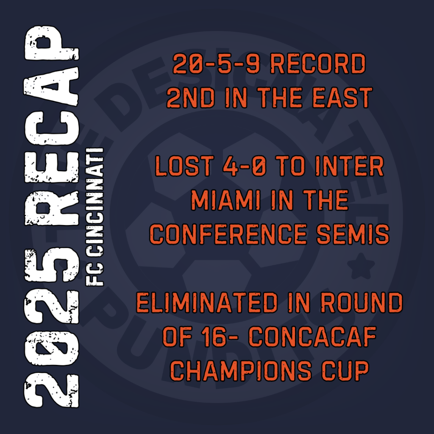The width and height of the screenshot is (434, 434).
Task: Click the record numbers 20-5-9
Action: click(x=216, y=64)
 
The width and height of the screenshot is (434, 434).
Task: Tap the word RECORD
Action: click(x=318, y=64)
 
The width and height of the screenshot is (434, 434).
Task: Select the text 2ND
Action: click(x=191, y=98)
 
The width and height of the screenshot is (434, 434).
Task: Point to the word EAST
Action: click(x=342, y=98)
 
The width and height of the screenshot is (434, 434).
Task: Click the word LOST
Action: click(x=184, y=166)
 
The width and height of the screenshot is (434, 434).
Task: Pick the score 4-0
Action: click(x=245, y=166)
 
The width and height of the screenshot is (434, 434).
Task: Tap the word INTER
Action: click(x=350, y=166)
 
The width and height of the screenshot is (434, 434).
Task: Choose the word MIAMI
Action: click(x=226, y=200)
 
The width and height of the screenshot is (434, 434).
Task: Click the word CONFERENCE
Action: click(x=228, y=234)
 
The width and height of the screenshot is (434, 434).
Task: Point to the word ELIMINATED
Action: click(x=207, y=303)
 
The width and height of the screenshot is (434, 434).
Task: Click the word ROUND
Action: click(x=362, y=303)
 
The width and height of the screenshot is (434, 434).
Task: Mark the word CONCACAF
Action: click(x=312, y=337)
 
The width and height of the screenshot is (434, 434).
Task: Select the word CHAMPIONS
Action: click(x=241, y=370)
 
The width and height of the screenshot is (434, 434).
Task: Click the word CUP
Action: click(x=345, y=370)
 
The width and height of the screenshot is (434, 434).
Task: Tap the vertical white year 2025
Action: click(x=52, y=328)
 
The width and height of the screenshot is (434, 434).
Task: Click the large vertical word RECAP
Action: click(x=52, y=125)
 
